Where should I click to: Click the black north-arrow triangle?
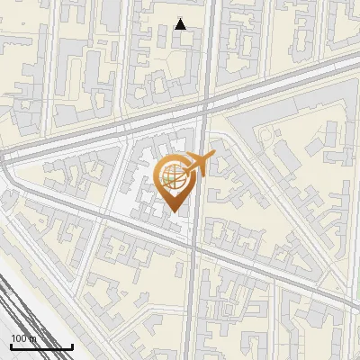pos(181,24)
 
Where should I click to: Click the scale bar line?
pos(41,346)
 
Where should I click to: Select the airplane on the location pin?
pos(200,164)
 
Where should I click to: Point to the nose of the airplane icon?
pos(213,156)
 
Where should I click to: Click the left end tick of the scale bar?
pos(11,346)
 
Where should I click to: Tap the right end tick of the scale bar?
pos(73,346)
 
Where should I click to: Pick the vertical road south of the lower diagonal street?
pos(192,306)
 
